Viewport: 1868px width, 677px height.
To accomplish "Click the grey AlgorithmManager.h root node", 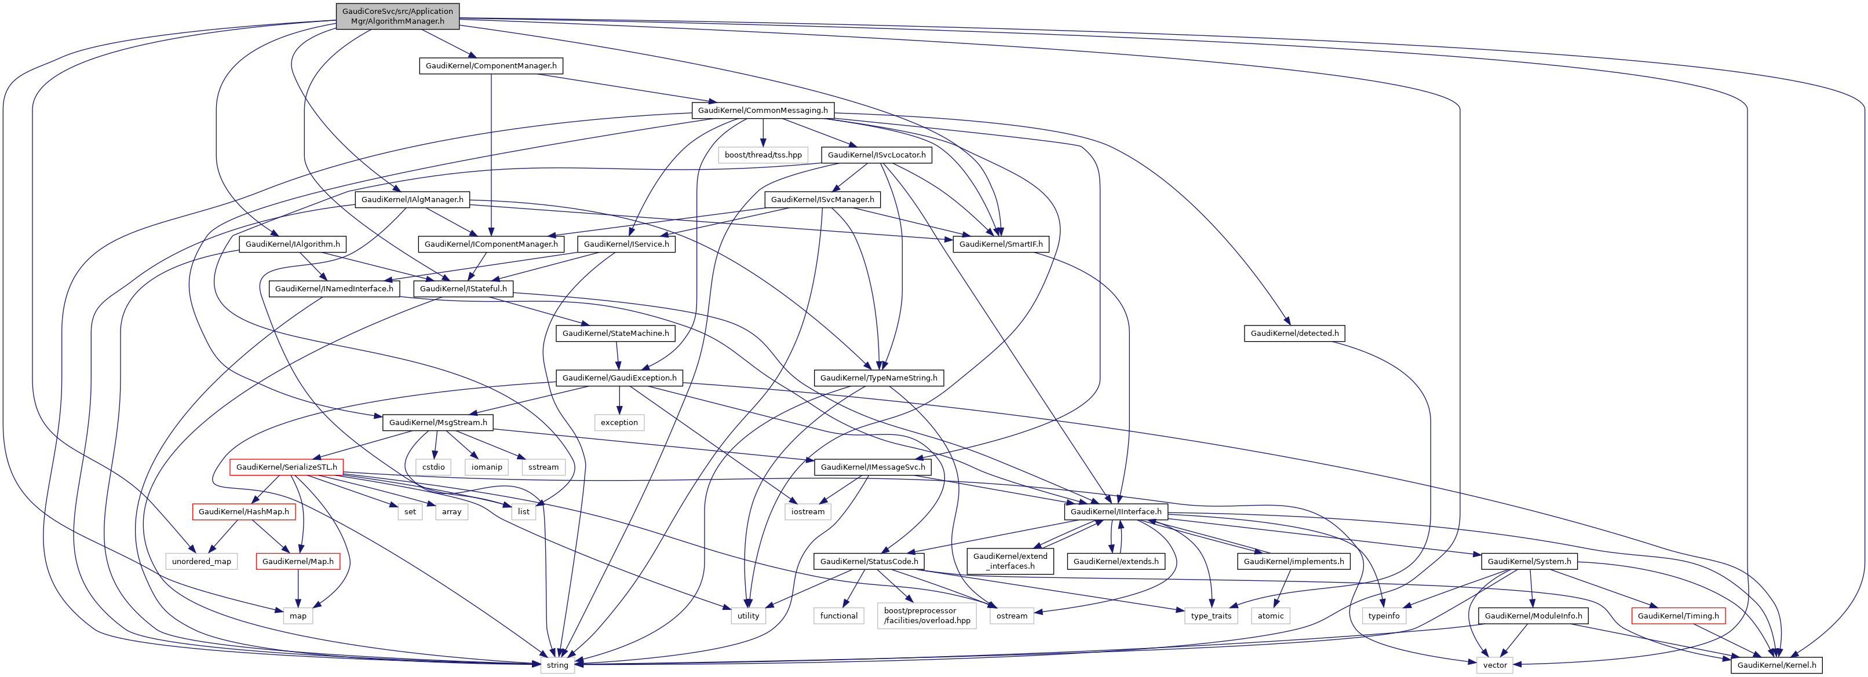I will point(397,16).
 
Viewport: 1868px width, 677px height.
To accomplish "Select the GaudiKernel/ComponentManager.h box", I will point(491,66).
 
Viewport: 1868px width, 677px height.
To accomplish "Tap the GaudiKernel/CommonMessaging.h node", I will point(762,110).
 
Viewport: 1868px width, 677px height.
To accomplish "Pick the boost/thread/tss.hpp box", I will point(763,155).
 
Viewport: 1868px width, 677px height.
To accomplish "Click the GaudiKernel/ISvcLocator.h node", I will point(876,155).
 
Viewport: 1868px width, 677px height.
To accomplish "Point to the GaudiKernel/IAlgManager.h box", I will point(412,199).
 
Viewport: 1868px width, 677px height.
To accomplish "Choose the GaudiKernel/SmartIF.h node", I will point(1001,244).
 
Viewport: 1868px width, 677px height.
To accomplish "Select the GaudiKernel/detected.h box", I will point(1294,334).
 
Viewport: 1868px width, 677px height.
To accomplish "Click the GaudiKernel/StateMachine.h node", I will point(616,334).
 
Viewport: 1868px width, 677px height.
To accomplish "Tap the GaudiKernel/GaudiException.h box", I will point(619,378).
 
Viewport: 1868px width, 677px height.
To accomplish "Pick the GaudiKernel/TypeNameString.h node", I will point(878,378).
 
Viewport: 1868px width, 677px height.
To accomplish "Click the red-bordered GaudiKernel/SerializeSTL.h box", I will point(286,467).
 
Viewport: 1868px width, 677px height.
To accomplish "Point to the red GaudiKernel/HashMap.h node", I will point(244,512).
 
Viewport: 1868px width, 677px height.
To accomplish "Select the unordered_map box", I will point(202,562).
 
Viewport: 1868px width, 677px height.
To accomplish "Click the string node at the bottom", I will point(557,665).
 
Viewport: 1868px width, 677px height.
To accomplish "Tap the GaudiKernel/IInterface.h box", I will point(1115,512).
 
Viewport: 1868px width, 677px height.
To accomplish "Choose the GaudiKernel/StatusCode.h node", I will point(869,562).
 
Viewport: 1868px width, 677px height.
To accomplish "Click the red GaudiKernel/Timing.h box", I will point(1678,616).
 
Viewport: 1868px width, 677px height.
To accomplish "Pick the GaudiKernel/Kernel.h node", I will point(1776,665).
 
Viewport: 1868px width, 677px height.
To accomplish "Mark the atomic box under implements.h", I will point(1271,616).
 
